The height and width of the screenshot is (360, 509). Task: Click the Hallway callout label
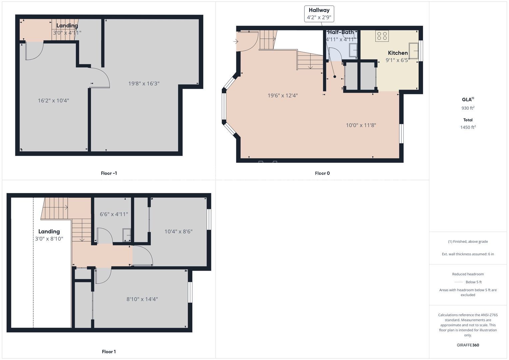(x=319, y=14)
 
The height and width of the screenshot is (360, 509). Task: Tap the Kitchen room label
(x=398, y=53)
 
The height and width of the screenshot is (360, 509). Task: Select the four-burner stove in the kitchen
(x=382, y=36)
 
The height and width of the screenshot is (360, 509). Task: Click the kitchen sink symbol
(x=414, y=51)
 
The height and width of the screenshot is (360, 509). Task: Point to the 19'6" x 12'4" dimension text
(x=283, y=95)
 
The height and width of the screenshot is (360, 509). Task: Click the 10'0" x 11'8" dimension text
(x=361, y=125)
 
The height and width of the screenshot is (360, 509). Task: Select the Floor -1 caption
(x=109, y=173)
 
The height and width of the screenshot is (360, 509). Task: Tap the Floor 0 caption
(x=322, y=173)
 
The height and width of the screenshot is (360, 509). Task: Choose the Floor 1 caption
(x=109, y=352)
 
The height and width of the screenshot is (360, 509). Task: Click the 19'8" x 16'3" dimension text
(x=144, y=84)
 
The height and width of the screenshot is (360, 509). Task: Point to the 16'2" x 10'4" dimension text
(x=53, y=100)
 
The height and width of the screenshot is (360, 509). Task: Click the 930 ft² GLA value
(x=468, y=108)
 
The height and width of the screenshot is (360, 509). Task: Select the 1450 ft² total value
(x=468, y=127)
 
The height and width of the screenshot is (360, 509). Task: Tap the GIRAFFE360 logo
(x=468, y=345)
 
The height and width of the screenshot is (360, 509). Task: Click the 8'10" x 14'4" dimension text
(x=142, y=299)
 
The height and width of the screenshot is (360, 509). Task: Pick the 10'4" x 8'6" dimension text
(x=178, y=232)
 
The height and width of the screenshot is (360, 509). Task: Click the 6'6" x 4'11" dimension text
(x=114, y=214)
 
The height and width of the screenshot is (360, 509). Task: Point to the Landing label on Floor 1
(x=49, y=231)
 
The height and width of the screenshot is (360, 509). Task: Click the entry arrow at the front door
(x=236, y=42)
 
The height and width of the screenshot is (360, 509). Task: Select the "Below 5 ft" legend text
(x=474, y=282)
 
